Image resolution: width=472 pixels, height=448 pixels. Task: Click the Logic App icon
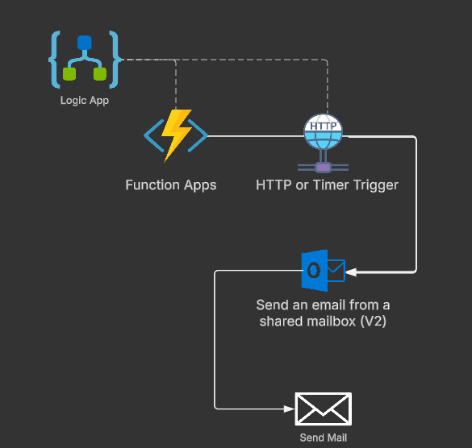click(84, 60)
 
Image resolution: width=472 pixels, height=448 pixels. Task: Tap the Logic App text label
click(84, 101)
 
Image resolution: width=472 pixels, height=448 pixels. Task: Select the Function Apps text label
click(171, 185)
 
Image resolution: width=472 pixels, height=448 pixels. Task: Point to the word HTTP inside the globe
click(323, 127)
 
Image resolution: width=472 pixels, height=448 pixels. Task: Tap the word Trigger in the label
click(376, 185)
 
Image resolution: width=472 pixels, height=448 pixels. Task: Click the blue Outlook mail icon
click(322, 270)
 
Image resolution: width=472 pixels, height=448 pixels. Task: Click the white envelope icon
click(323, 409)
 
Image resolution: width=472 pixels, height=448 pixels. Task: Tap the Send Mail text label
click(323, 438)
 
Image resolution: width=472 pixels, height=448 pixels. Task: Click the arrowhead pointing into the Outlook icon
click(351, 272)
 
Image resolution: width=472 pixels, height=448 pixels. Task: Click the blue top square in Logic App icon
click(84, 43)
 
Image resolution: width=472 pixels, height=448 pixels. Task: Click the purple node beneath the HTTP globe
click(323, 167)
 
